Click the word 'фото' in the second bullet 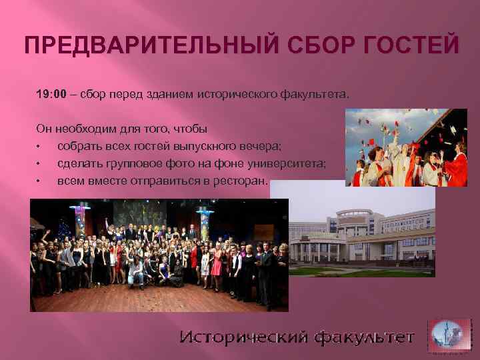coord(172,163)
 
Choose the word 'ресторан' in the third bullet coord(243,180)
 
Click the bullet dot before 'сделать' coord(40,163)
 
